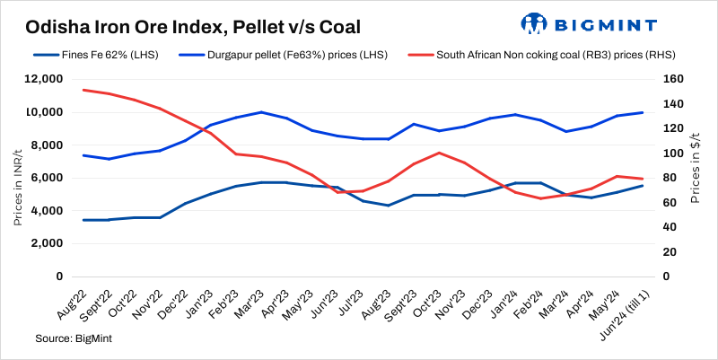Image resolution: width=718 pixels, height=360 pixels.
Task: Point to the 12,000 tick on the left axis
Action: pos(44,79)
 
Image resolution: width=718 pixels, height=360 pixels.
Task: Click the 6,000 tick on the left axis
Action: pos(47,178)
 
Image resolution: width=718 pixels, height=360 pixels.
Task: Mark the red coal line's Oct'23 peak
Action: pos(438,153)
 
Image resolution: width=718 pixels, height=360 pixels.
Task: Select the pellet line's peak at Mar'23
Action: pos(260,112)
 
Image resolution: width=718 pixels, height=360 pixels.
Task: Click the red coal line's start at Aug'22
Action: pos(83,90)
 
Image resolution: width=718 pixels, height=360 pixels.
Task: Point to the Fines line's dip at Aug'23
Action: pos(387,206)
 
